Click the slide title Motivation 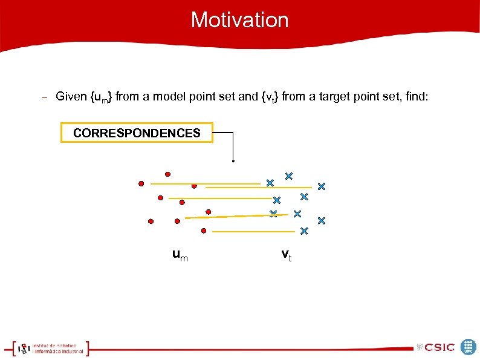coord(240,20)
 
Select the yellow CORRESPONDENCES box coord(137,133)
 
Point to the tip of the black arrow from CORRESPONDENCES coord(233,162)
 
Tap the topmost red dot coord(167,174)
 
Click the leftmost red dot coord(141,183)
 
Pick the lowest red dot coord(204,231)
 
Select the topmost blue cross coord(289,176)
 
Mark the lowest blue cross coord(304,231)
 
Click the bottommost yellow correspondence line coord(254,231)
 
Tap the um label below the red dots coord(180,255)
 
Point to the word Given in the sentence coord(71,96)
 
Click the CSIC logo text coord(439,347)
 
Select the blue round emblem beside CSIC coord(469,347)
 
